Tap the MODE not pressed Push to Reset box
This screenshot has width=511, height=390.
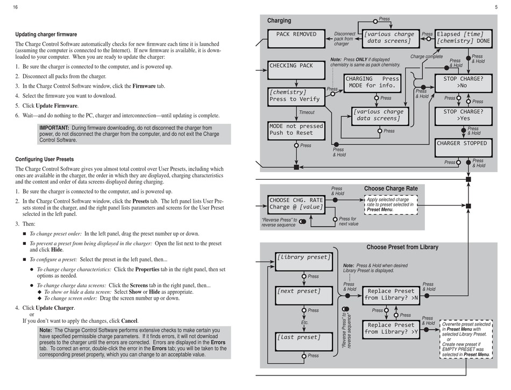coord(296,130)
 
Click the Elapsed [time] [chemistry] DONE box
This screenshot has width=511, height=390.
coord(463,38)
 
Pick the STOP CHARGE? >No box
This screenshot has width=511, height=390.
coord(463,82)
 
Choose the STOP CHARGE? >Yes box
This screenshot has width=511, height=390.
coord(463,115)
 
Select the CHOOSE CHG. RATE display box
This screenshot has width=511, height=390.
coord(296,203)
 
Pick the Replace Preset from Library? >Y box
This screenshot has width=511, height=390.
coord(391,328)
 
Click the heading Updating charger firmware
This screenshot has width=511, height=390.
coord(46,34)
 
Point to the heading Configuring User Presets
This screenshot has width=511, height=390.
coord(45,159)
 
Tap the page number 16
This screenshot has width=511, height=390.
coord(15,7)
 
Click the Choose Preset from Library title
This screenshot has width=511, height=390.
coord(402,247)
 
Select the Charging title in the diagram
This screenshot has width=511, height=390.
coord(279,20)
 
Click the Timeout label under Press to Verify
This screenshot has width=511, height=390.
coord(307,112)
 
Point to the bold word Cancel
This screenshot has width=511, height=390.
coord(129,321)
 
